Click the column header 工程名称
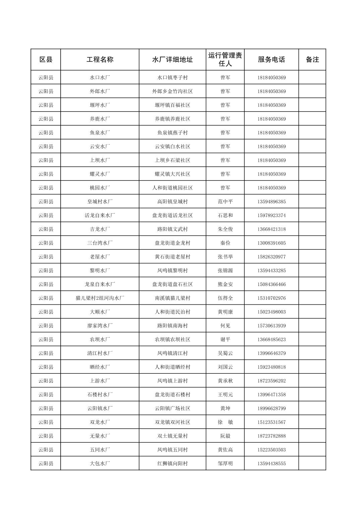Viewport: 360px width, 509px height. coord(100,60)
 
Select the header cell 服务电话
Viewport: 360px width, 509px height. coord(272,60)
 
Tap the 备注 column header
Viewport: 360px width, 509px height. coord(312,60)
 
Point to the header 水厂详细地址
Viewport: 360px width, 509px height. coord(173,60)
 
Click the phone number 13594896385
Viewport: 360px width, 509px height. coord(272,202)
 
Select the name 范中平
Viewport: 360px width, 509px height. coord(225,202)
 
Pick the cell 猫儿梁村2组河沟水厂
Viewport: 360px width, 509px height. coord(100,298)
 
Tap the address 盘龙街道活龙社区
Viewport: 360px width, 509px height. coord(173,215)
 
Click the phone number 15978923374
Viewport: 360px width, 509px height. coord(272,215)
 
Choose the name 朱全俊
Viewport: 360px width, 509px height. coord(225,229)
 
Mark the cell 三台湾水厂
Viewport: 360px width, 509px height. coord(100,243)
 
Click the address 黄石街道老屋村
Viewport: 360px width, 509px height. coord(173,257)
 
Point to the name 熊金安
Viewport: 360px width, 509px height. coord(225,284)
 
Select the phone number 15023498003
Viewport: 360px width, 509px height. coord(272,312)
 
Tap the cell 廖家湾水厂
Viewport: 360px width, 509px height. coord(100,325)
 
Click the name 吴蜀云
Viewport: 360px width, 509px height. coord(225,353)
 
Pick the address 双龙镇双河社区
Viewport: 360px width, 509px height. coord(173,422)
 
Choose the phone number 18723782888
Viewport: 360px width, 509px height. coord(272,436)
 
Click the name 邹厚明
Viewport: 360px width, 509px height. coord(225,463)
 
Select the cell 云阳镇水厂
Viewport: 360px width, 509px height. coord(100,408)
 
